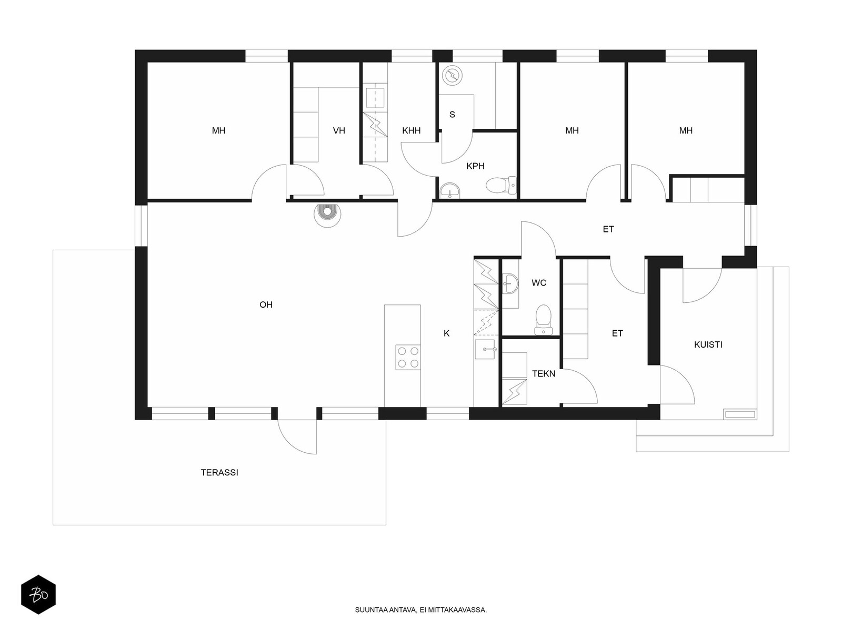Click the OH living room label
click(x=266, y=305)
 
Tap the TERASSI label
click(x=219, y=473)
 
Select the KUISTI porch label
click(x=708, y=345)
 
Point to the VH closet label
click(x=339, y=131)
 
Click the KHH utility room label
click(x=411, y=131)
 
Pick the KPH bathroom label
click(x=475, y=166)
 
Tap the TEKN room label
click(x=544, y=374)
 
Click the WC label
click(x=539, y=283)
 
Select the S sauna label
click(x=452, y=115)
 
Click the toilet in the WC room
click(x=543, y=320)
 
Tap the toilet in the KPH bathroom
click(x=501, y=186)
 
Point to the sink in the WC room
click(x=510, y=284)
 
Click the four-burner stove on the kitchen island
click(x=408, y=358)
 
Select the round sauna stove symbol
click(x=452, y=76)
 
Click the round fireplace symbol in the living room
click(x=327, y=215)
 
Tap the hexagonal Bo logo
click(x=38, y=595)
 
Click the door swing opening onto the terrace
click(x=297, y=437)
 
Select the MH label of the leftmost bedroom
click(x=218, y=131)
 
